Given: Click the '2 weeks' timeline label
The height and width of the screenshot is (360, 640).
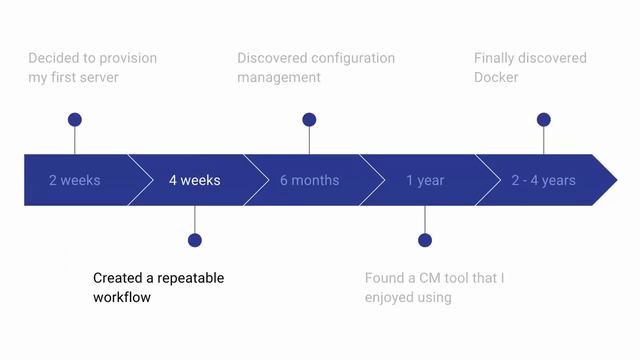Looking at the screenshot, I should point(75,181).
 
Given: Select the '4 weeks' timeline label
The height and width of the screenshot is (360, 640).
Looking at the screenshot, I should point(194,181).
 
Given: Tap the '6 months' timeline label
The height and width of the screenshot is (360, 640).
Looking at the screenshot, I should point(309,181).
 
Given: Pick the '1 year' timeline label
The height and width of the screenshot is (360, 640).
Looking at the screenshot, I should point(425,181).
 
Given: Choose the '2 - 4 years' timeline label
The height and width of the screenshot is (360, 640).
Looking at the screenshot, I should point(543,181).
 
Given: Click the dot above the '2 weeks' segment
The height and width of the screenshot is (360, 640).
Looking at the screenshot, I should point(75,120).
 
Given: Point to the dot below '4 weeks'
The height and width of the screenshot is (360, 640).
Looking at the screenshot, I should point(195,240).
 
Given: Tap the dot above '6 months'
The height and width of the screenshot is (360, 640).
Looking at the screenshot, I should point(309,120).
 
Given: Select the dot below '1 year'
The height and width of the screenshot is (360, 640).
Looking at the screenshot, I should point(425,240).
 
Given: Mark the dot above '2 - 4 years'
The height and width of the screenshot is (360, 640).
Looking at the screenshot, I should point(544,120).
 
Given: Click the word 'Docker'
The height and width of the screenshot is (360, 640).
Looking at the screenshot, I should point(496,78).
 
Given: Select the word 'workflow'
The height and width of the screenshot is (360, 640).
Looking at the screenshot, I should point(122,298).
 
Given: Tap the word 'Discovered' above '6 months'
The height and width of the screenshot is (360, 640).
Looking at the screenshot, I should point(272,58).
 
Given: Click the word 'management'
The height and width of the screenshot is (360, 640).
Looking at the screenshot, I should point(279,78).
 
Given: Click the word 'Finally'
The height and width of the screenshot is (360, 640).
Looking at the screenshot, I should point(496,58).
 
